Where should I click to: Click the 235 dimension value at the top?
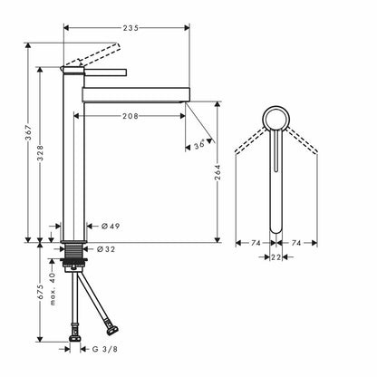click(130, 28)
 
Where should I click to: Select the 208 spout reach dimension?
click(130, 116)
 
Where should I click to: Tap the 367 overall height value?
click(28, 132)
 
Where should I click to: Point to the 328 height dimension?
click(40, 153)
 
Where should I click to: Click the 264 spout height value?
click(217, 172)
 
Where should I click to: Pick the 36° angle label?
click(199, 144)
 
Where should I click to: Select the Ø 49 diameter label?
click(111, 226)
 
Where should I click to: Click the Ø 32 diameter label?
click(106, 249)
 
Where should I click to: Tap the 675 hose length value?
click(40, 292)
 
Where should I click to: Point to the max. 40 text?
click(53, 289)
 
